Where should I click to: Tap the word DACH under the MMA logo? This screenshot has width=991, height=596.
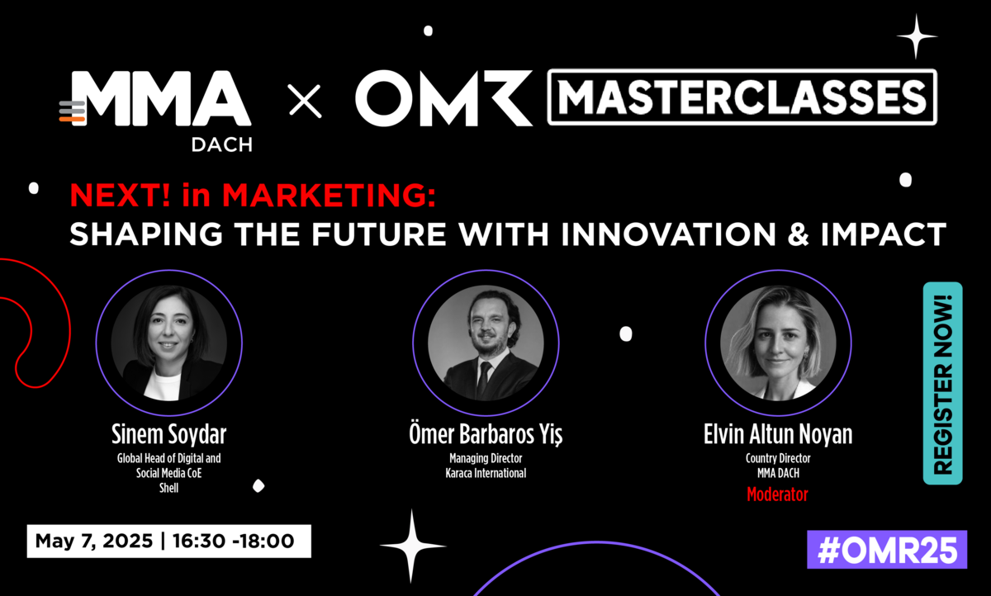[221, 145]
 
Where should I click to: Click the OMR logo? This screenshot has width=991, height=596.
[443, 98]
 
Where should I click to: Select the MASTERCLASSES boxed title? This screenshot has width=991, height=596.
[742, 97]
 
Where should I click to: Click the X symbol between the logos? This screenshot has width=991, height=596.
[306, 102]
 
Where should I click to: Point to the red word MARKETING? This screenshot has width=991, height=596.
[329, 195]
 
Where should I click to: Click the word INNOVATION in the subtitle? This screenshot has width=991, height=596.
[668, 234]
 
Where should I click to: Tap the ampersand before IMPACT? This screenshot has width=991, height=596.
[798, 234]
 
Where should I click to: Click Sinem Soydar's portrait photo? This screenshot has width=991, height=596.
[169, 343]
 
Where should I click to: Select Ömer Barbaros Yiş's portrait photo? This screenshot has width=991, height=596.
[486, 343]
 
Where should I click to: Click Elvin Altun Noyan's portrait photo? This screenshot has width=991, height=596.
[778, 343]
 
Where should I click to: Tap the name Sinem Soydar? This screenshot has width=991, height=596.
[169, 434]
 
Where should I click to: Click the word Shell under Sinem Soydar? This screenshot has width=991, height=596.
[169, 488]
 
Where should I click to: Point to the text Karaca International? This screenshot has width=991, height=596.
[486, 473]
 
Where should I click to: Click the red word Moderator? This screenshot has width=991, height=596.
[777, 494]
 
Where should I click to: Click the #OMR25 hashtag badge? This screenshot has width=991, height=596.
[887, 550]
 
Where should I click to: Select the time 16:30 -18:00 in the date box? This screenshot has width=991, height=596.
[233, 542]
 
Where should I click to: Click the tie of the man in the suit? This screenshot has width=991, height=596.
[484, 378]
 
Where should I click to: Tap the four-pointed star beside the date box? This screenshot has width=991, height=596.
[412, 546]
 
